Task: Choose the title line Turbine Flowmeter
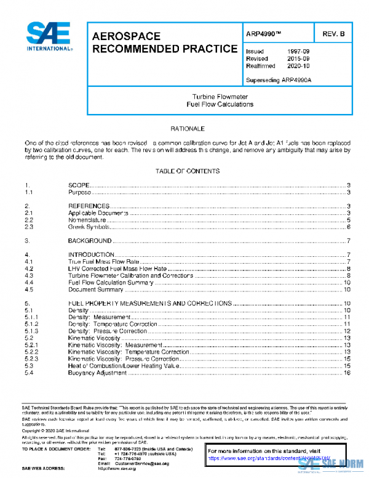[x=220, y=97]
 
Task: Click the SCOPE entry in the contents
[x=79, y=185]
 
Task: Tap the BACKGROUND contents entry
[x=90, y=240]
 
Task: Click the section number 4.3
[x=28, y=275]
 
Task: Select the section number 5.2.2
[x=31, y=352]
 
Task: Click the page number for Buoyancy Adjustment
[x=347, y=372]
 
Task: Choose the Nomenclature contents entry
[x=87, y=220]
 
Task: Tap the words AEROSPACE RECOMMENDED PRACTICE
[x=164, y=42]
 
